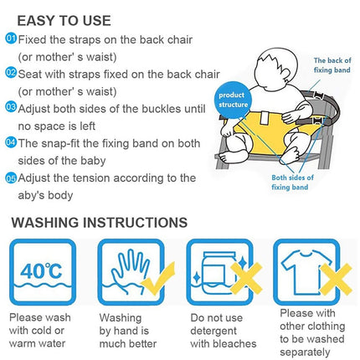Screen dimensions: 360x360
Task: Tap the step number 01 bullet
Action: pos(11,39)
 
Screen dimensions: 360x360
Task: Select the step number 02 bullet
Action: pos(11,73)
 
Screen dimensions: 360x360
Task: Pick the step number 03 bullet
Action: pos(11,107)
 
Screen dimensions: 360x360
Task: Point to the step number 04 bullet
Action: pos(11,142)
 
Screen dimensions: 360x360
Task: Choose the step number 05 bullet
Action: pos(11,177)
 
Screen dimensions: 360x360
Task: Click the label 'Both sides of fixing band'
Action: pos(292,183)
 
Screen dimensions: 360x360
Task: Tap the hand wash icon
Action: pos(126,272)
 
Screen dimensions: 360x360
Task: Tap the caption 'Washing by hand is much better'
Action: pos(130,330)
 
